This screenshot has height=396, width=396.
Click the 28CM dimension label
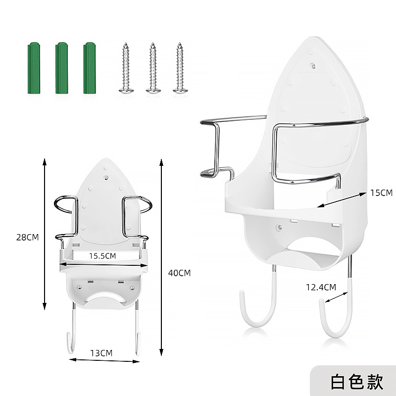pos(27,237)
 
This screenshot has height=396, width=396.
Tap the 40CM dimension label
pos(179,273)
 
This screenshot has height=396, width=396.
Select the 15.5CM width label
pos(102,256)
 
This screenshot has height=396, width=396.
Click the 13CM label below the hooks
pos(101,353)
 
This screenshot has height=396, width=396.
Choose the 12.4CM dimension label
pos(321,287)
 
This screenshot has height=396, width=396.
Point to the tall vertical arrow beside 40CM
pos(162,257)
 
